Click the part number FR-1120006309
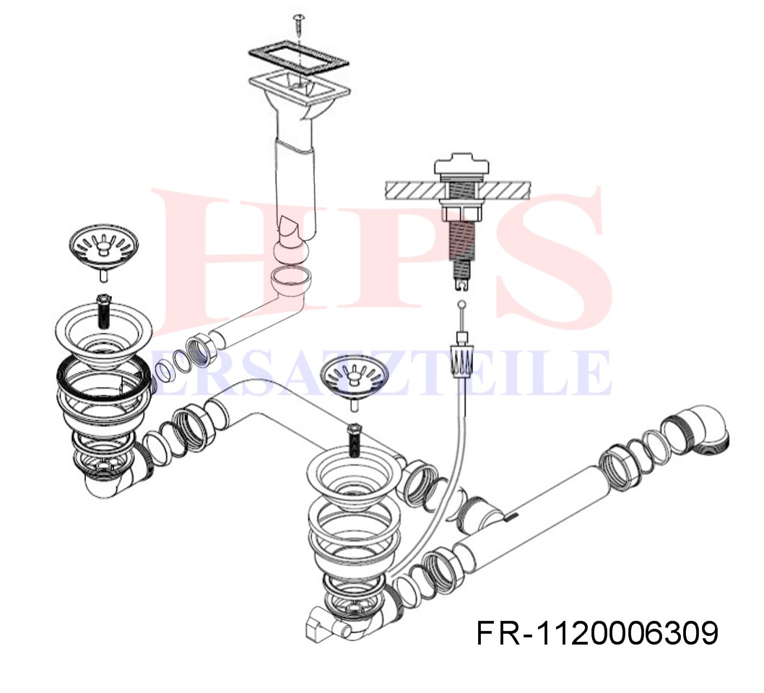coord(597,633)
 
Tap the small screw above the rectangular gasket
coord(298,24)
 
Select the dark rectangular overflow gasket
coord(298,60)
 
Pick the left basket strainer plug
coord(104,250)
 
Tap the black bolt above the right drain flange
coord(355,440)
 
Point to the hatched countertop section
coord(458,191)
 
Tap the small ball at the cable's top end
coord(462,305)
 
